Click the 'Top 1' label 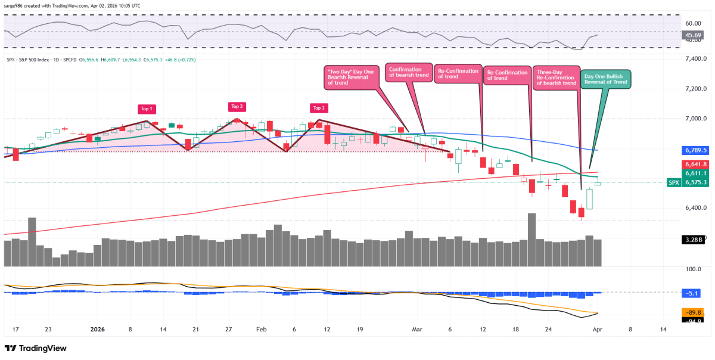[147, 109]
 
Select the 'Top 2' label [237, 107]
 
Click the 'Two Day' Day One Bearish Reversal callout [350, 78]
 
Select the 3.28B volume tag [694, 240]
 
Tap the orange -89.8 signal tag [694, 312]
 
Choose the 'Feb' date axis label [260, 329]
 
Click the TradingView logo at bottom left [36, 348]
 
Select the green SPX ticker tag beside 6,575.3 [673, 182]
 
